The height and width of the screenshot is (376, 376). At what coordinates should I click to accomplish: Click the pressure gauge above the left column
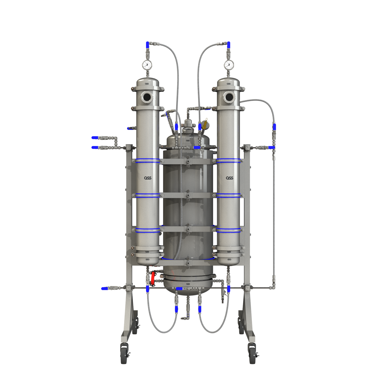click(x=147, y=65)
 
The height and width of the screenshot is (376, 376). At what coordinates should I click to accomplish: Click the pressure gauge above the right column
click(x=229, y=65)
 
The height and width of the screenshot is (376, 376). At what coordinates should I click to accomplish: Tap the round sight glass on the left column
click(x=147, y=97)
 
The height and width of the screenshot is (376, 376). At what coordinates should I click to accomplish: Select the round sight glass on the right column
click(x=229, y=97)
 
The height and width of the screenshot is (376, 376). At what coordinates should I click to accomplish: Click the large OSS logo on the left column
click(x=148, y=178)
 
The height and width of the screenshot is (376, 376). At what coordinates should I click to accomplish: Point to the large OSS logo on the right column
click(x=230, y=178)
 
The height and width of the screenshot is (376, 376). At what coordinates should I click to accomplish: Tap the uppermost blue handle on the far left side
click(x=95, y=138)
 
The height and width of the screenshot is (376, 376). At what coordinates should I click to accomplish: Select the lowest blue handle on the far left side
click(x=104, y=288)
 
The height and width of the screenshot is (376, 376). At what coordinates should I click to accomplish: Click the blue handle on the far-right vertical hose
click(x=274, y=127)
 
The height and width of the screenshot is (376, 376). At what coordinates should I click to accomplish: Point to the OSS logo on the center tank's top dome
click(x=188, y=141)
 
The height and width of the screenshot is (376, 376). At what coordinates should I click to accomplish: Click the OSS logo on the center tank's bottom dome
click(x=188, y=284)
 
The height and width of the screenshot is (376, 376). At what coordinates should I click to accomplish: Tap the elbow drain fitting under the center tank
click(x=184, y=318)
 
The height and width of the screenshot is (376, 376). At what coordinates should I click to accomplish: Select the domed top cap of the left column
click(x=148, y=82)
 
